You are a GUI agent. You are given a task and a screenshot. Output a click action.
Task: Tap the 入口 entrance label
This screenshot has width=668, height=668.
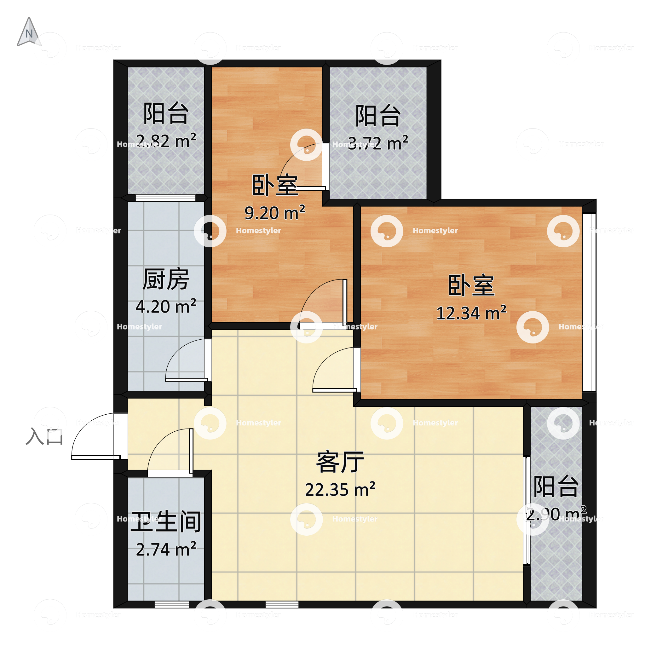(x=44, y=436)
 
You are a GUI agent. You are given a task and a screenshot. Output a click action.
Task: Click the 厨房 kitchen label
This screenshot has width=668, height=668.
(x=166, y=279)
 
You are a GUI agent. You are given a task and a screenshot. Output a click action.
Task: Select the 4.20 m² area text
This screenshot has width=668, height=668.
(x=166, y=306)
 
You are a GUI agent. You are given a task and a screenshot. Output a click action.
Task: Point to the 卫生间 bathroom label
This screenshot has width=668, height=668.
(x=166, y=522)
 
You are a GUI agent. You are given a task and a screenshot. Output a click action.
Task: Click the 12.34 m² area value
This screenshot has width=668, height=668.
(x=471, y=313)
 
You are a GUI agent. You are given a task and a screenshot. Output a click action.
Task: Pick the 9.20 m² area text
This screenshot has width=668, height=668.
(x=274, y=213)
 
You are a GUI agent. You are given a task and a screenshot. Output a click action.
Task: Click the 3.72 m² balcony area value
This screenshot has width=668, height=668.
(x=378, y=143)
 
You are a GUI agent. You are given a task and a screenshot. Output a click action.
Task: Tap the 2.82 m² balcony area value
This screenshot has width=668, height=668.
(x=166, y=141)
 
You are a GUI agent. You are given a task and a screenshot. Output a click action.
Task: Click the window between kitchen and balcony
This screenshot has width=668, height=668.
(x=165, y=198)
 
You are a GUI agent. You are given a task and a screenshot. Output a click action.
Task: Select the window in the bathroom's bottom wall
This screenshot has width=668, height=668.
(x=172, y=604)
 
